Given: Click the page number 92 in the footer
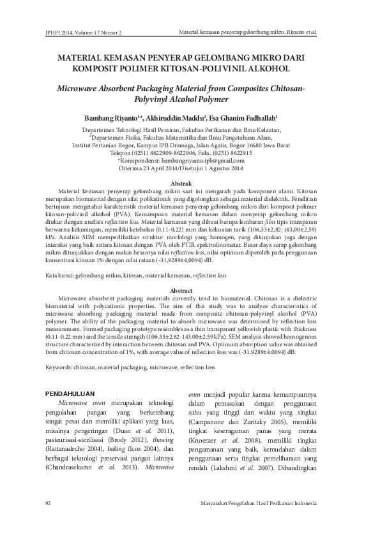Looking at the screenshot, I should pos(48,504).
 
